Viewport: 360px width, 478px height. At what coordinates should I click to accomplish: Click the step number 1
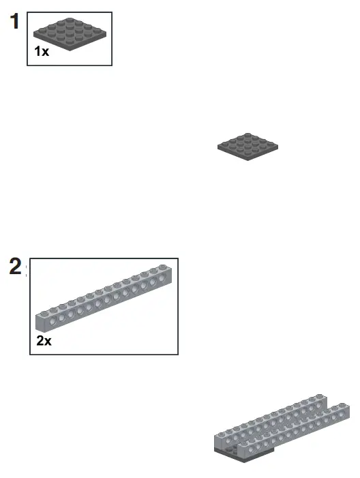point(13,22)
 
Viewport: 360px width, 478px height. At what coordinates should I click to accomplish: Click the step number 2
point(15,267)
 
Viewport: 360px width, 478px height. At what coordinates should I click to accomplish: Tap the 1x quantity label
point(42,51)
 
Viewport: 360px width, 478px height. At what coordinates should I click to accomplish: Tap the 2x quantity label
point(44,340)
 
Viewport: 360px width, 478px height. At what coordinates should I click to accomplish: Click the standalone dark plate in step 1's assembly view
point(248,146)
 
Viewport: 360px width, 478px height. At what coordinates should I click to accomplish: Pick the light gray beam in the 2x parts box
point(106,300)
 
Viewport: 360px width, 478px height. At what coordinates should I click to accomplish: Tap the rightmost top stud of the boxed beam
point(162,266)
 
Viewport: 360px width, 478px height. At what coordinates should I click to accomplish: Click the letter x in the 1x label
point(45,52)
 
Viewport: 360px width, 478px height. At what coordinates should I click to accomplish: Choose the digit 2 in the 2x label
point(40,340)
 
